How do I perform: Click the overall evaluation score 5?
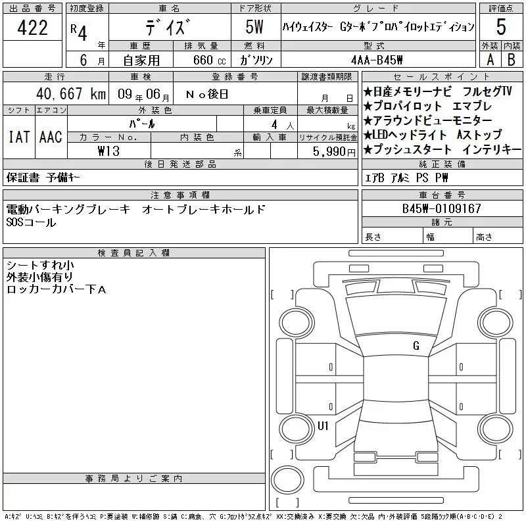click(501, 28)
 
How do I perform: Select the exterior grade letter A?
click(489, 60)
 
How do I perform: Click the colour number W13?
click(109, 151)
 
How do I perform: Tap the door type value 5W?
click(255, 28)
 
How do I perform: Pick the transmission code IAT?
click(18, 137)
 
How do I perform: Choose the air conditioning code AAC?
click(50, 137)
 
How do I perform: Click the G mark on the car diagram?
click(416, 346)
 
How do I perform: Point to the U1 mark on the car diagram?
click(323, 425)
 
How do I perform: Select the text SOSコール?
click(31, 222)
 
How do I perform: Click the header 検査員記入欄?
click(134, 252)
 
